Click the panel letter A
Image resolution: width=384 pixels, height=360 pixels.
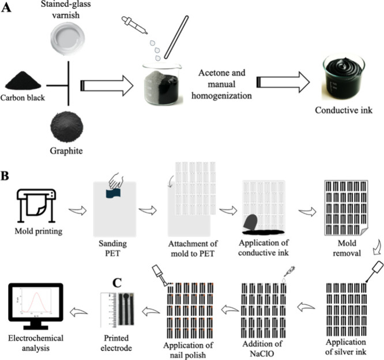click(6, 8)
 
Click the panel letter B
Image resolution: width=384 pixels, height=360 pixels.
click(5, 175)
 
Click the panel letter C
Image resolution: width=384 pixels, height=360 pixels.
click(117, 283)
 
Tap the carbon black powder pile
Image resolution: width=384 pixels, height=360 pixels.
click(23, 80)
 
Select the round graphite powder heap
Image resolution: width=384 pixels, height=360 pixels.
click(67, 127)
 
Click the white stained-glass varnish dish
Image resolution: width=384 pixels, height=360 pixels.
click(68, 38)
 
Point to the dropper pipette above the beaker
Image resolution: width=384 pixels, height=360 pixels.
click(135, 25)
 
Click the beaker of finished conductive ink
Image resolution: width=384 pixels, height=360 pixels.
click(343, 78)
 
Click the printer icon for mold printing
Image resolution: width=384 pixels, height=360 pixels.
click(36, 205)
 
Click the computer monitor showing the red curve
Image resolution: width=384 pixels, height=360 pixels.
click(36, 306)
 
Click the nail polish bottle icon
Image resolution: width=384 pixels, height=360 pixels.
click(159, 275)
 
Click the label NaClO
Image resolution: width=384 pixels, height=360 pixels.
click(262, 354)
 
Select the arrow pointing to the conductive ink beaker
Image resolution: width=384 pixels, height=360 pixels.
click(283, 82)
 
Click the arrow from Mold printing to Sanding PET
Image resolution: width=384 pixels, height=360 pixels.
click(78, 210)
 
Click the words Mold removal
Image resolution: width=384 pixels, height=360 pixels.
click(347, 248)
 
